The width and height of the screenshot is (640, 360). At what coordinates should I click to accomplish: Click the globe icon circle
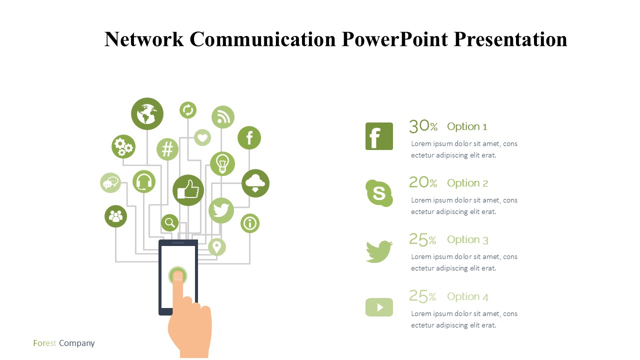(x=147, y=113)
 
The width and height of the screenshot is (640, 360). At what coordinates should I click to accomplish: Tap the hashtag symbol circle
(x=167, y=149)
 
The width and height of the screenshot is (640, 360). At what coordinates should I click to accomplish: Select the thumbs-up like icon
(x=188, y=190)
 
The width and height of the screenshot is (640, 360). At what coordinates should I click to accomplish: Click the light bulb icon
(x=222, y=163)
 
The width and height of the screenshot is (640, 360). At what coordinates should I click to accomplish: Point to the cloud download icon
(x=255, y=183)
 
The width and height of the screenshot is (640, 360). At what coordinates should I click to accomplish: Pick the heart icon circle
(x=202, y=137)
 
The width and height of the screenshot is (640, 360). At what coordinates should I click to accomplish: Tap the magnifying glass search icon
(x=169, y=222)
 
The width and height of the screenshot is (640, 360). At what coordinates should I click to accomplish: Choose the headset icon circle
(x=144, y=181)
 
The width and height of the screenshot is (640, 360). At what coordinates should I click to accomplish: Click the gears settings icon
(x=123, y=146)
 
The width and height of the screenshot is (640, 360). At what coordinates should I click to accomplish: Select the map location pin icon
(x=217, y=247)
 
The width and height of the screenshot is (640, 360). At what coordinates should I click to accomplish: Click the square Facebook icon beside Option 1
(x=379, y=136)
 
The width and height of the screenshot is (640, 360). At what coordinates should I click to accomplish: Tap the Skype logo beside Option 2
(x=379, y=193)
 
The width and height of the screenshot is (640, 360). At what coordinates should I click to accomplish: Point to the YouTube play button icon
(x=379, y=307)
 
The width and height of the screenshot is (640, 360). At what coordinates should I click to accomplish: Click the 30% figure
(x=423, y=126)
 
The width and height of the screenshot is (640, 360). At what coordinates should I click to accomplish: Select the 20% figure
(x=423, y=182)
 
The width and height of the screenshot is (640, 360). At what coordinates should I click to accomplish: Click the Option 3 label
(x=467, y=239)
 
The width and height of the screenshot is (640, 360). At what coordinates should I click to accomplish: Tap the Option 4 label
(x=467, y=296)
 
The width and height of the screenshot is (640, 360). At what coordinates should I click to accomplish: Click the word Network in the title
(x=144, y=39)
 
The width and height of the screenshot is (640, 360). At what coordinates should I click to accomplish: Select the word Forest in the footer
(x=44, y=343)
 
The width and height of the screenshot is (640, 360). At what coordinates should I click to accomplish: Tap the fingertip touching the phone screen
(x=177, y=275)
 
